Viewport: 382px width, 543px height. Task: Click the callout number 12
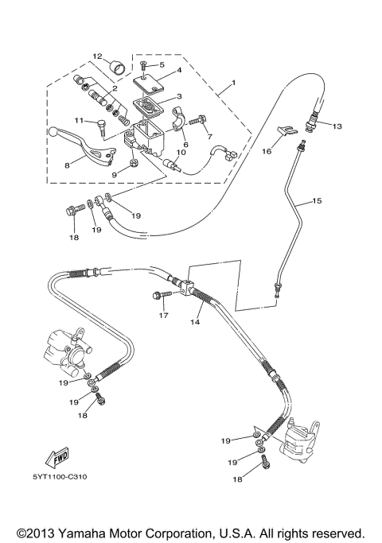pyautogui.click(x=98, y=56)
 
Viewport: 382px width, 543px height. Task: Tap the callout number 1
pyautogui.click(x=233, y=83)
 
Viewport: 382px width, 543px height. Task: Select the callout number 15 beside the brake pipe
pyautogui.click(x=317, y=202)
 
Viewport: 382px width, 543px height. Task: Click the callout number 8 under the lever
pyautogui.click(x=68, y=165)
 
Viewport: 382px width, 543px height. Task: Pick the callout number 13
pyautogui.click(x=337, y=126)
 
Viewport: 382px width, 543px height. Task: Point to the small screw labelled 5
pyautogui.click(x=142, y=64)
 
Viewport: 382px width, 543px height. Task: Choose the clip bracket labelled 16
pyautogui.click(x=284, y=130)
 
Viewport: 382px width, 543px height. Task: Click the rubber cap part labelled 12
pyautogui.click(x=119, y=68)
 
